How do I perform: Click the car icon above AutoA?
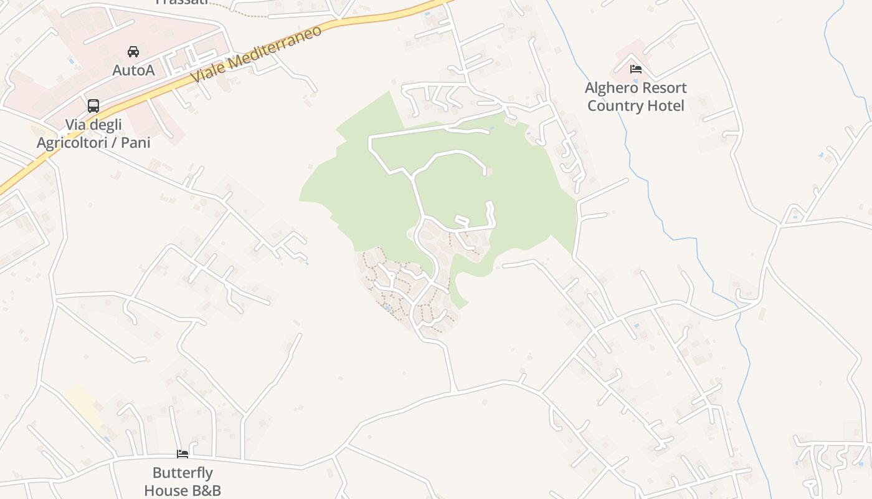pos(133,51)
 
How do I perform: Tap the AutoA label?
pos(133,70)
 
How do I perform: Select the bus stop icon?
pos(93,106)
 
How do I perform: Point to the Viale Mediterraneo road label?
pos(257,54)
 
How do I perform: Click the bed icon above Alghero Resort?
pos(635,69)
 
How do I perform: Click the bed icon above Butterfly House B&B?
pos(182,454)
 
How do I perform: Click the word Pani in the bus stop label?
pos(136,143)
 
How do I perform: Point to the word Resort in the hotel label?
pos(664,88)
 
